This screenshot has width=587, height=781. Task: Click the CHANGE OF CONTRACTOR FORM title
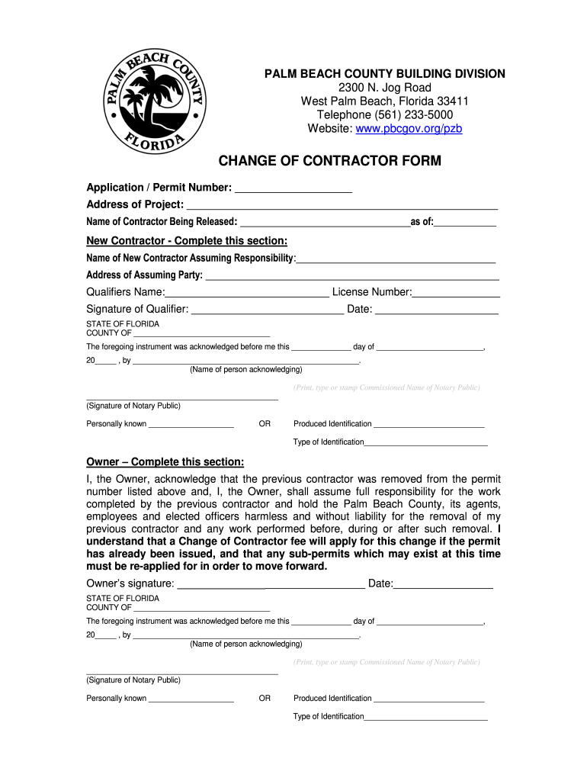(x=330, y=161)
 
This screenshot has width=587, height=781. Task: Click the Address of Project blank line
(x=342, y=206)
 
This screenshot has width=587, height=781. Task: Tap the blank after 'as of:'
(x=465, y=223)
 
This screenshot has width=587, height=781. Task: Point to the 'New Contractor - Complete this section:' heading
(x=187, y=241)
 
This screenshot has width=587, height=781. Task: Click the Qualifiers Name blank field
(x=247, y=294)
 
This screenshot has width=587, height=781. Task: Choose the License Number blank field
(x=456, y=294)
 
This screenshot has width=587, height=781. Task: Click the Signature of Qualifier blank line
(x=268, y=310)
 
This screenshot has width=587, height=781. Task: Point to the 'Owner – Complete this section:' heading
(x=165, y=462)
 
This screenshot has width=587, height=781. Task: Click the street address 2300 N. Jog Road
(x=385, y=88)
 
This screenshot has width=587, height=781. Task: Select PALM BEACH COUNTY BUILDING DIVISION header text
(x=385, y=74)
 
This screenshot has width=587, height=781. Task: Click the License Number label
(x=372, y=292)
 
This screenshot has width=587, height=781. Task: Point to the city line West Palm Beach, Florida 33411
(x=385, y=101)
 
